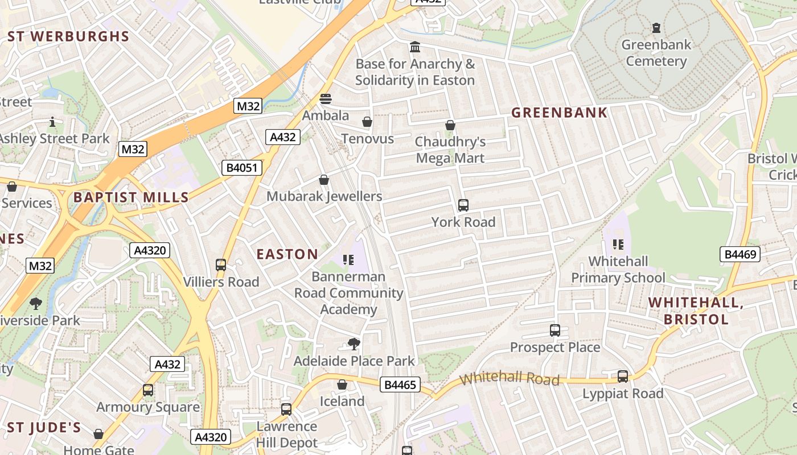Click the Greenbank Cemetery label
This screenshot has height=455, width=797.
[656, 53]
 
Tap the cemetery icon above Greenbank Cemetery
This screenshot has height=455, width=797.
[656, 27]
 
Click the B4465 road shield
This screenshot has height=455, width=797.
[400, 385]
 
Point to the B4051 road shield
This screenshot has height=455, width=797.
[241, 167]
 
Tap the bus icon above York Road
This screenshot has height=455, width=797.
[463, 205]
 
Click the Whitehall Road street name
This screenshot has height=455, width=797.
[510, 379]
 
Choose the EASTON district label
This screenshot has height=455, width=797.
[287, 254]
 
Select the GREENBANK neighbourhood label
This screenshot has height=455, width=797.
[559, 113]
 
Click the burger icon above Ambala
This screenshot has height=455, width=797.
[326, 98]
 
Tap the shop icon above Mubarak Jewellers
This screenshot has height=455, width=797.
[324, 180]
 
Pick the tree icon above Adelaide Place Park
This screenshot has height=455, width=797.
[354, 344]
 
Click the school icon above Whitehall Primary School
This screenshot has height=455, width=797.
[618, 245]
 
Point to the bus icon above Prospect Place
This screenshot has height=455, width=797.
[555, 330]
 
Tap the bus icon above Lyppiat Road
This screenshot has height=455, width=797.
[623, 376]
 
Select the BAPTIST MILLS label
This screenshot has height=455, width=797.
[131, 198]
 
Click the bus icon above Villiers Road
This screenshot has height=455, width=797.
[221, 264]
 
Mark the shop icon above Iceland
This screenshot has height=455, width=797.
[342, 384]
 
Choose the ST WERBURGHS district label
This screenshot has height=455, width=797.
[69, 37]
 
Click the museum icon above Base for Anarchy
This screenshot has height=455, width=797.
[415, 47]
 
